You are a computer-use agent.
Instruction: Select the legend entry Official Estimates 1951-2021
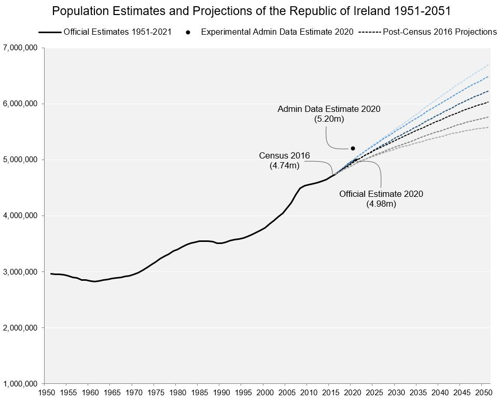point(117,32)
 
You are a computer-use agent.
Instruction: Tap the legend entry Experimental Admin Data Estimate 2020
point(277,32)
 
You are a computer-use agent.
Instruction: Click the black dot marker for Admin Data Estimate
point(353,148)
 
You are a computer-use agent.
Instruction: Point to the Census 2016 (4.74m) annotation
point(284,161)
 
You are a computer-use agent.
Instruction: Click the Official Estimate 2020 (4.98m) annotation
point(381,198)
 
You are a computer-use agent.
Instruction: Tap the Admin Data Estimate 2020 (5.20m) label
point(329,114)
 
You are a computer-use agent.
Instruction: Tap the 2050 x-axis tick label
point(483,394)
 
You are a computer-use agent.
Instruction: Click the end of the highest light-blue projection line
point(489,64)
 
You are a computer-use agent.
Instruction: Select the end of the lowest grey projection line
point(489,127)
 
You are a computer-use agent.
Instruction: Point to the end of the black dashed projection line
point(489,102)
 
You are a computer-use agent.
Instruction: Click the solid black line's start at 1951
point(51,274)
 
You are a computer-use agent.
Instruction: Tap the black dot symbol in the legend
point(188,32)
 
